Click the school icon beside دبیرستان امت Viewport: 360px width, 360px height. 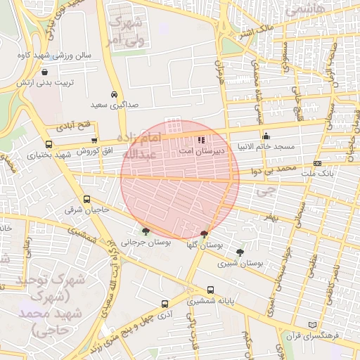[202, 140]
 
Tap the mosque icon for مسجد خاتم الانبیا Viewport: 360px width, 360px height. [266, 136]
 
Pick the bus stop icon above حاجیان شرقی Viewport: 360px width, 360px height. [87, 199]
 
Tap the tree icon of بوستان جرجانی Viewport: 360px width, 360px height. [146, 231]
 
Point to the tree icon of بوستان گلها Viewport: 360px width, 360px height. [204, 235]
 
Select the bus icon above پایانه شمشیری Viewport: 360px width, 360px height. [211, 290]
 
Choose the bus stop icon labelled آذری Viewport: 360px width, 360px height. [165, 304]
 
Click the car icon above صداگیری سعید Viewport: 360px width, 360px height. [114, 94]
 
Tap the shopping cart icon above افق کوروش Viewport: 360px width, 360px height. [94, 141]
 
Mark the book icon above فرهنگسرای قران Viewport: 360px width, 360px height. [314, 324]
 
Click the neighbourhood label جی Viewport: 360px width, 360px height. [266, 190]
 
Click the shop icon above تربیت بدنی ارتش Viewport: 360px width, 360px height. [46, 72]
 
